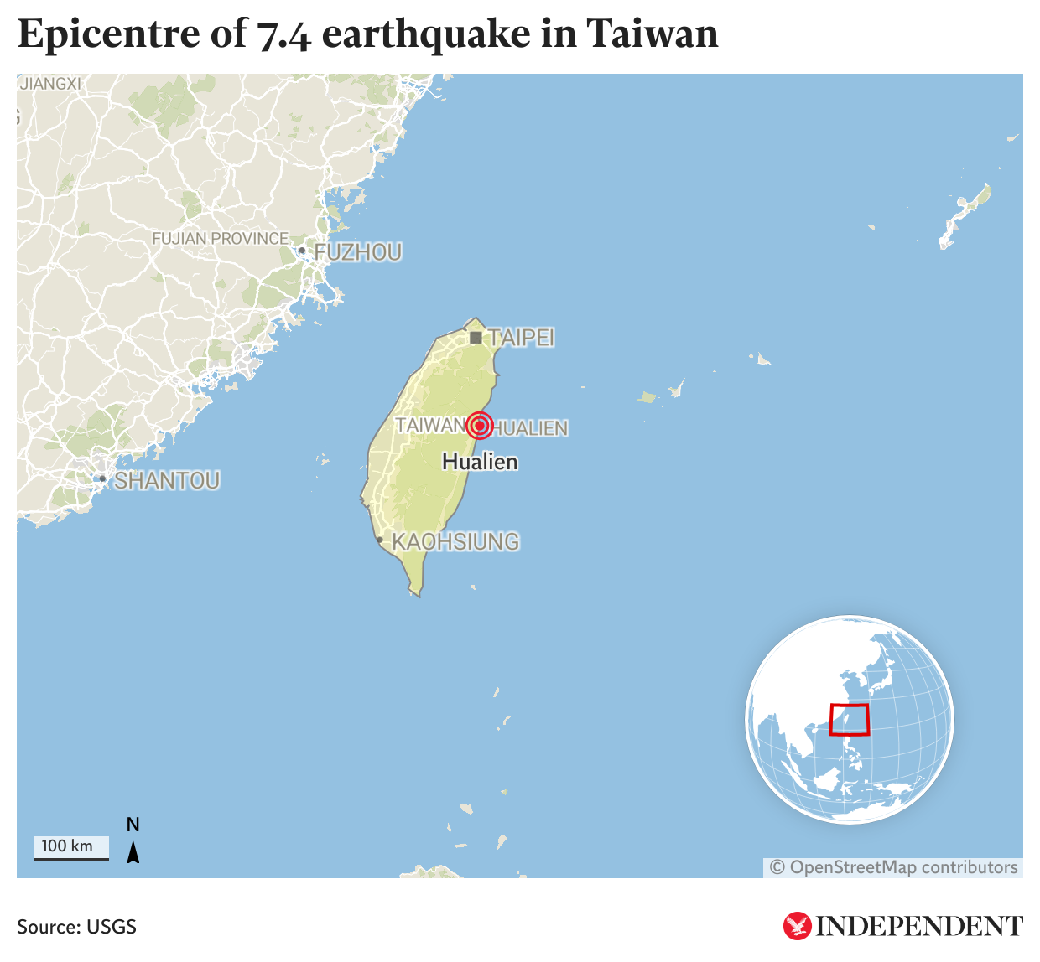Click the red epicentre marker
click(479, 426)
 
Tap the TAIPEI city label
click(522, 338)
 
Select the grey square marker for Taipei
click(476, 338)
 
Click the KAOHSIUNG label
click(455, 542)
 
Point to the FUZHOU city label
click(358, 252)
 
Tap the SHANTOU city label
click(167, 481)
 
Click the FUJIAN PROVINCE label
click(220, 239)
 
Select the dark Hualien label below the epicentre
click(480, 462)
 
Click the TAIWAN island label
click(429, 426)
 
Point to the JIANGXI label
click(50, 84)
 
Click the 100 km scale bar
click(71, 848)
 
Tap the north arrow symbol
click(133, 851)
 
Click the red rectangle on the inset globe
click(849, 720)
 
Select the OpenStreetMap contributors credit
click(894, 867)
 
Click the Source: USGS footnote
click(76, 927)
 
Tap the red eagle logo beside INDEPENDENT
click(797, 926)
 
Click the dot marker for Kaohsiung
click(380, 540)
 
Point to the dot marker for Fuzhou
click(302, 251)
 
